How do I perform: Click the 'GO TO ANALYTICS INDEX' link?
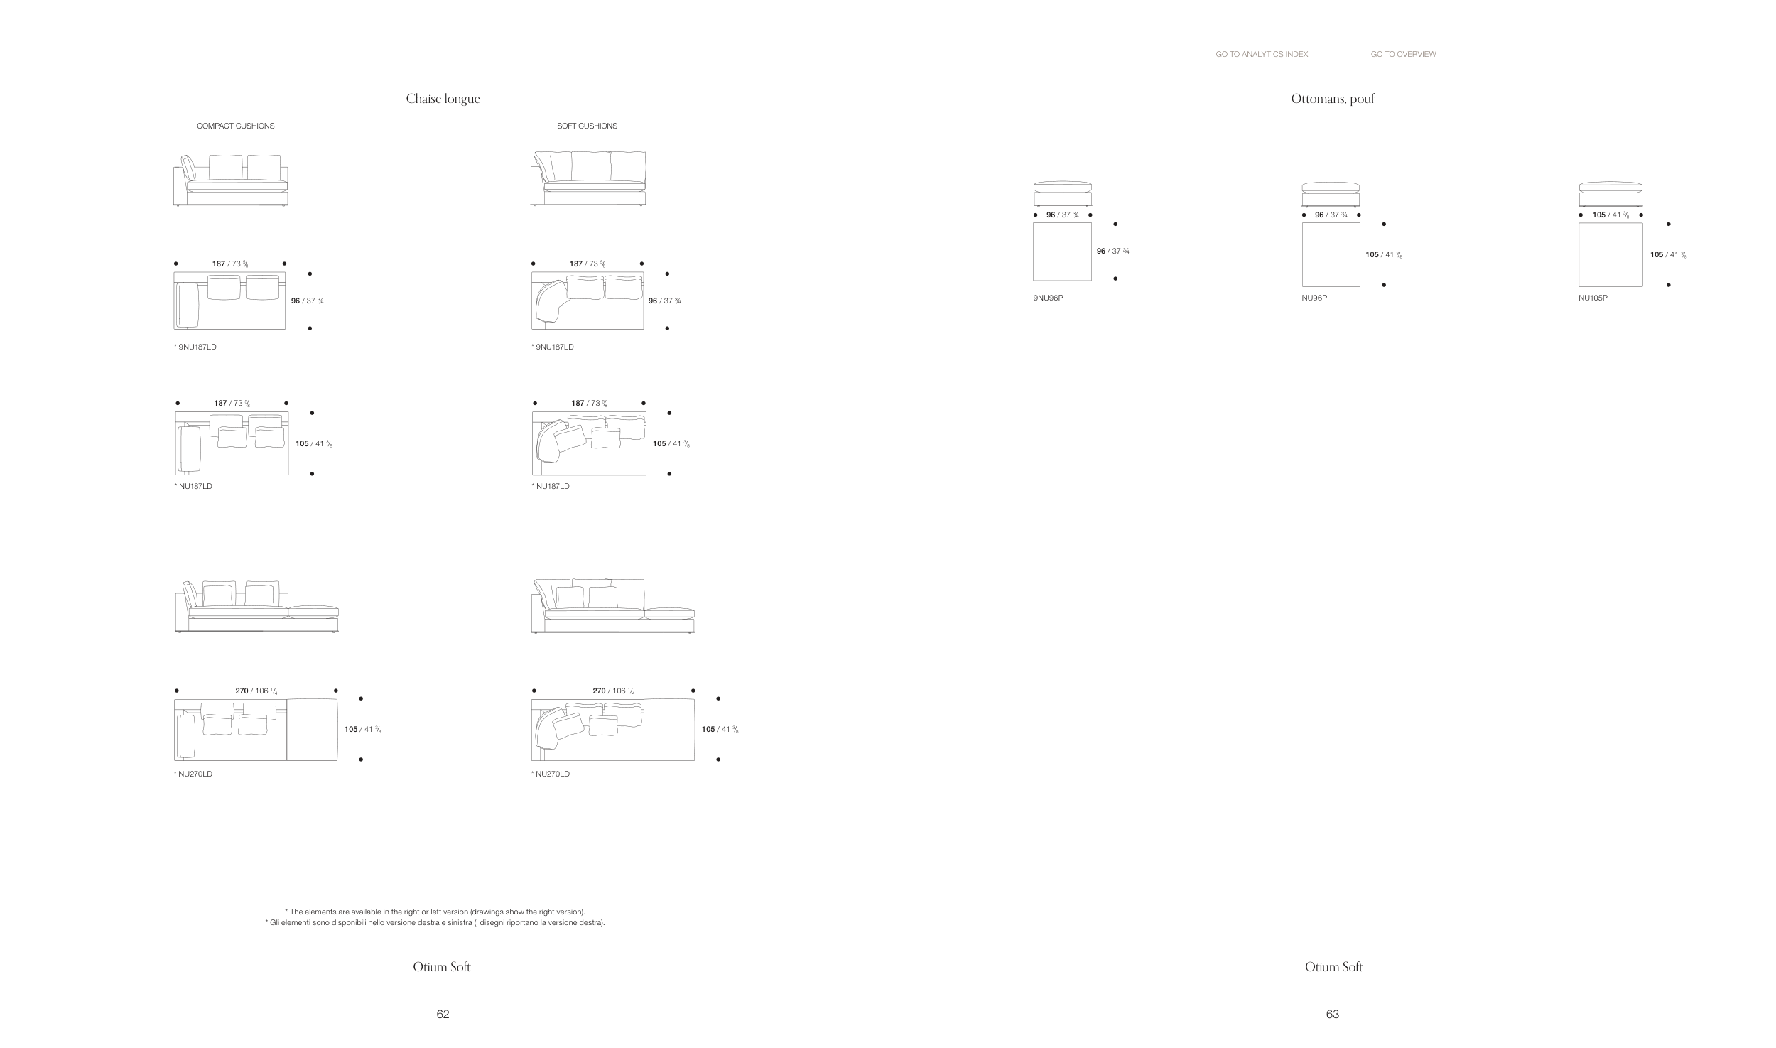point(1261,54)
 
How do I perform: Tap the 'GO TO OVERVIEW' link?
point(1403,54)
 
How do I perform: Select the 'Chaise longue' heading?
point(443,99)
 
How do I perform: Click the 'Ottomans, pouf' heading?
point(1333,99)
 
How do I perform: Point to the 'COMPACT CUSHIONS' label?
point(235,126)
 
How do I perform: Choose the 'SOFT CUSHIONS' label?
point(587,126)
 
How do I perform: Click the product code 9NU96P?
point(1048,298)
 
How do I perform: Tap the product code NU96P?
point(1314,298)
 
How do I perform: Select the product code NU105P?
point(1593,298)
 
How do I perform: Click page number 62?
point(443,1014)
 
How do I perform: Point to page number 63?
point(1333,1014)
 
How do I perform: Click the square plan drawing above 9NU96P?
point(1061,252)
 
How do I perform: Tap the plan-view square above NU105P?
point(1610,254)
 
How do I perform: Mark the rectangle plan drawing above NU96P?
point(1331,254)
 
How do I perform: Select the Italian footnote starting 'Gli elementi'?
point(435,923)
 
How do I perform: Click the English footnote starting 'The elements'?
point(435,912)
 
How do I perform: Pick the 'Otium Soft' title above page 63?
point(1333,967)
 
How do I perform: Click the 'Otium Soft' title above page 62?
point(441,967)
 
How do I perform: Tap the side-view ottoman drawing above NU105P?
point(1610,194)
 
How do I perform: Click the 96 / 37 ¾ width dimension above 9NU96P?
point(1062,215)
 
